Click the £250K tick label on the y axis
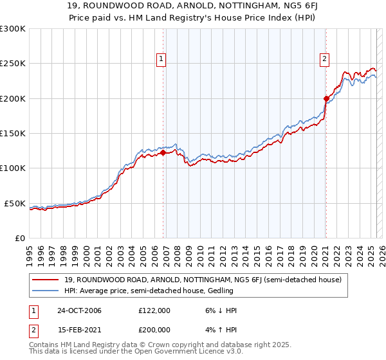tap(12, 64)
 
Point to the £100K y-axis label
tap(12, 168)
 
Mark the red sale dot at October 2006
tap(163, 153)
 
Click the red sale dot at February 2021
tap(326, 98)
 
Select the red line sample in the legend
tap(45, 280)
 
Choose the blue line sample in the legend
tap(45, 291)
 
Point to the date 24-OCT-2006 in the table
tap(75, 310)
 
